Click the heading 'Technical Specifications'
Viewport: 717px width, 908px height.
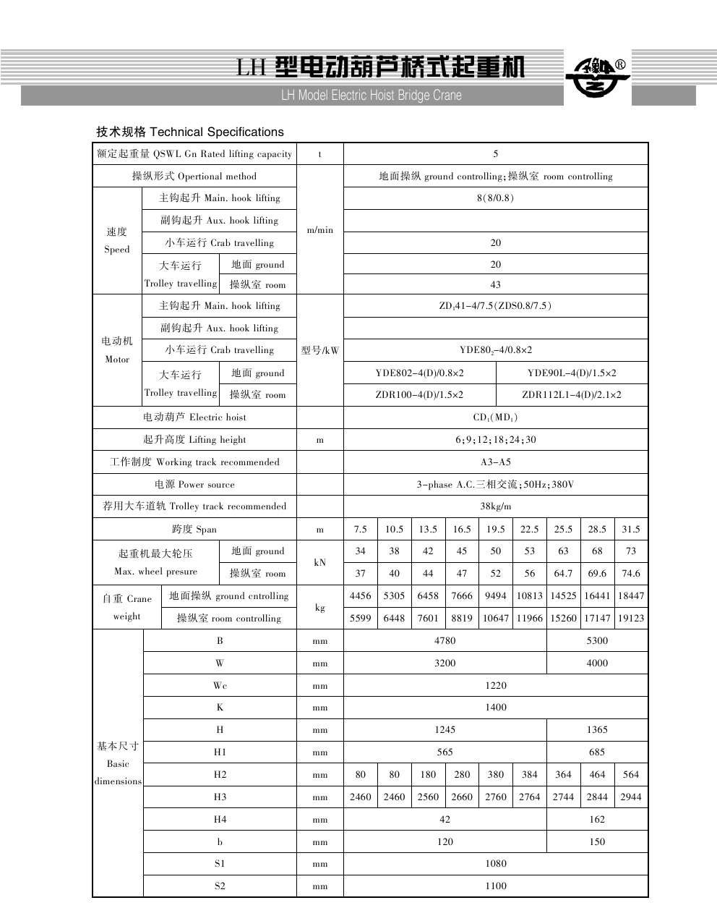pyautogui.click(x=190, y=132)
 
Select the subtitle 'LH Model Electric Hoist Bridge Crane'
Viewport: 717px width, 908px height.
pyautogui.click(x=371, y=96)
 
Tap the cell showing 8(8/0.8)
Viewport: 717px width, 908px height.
pyautogui.click(x=495, y=198)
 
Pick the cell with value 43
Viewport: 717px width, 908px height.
pyautogui.click(x=495, y=285)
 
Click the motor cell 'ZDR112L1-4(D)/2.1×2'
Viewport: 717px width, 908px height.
pyautogui.click(x=572, y=395)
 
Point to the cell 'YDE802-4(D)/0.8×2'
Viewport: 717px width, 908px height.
pyautogui.click(x=419, y=373)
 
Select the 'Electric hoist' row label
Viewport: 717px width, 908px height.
pyautogui.click(x=194, y=417)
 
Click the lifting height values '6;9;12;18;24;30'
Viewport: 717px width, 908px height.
pyautogui.click(x=495, y=440)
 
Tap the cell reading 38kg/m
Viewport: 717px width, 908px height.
pyautogui.click(x=495, y=506)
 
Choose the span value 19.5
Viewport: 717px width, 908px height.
pyautogui.click(x=495, y=530)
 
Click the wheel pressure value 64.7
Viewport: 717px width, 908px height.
pyautogui.click(x=563, y=574)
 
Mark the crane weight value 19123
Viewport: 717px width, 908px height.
pyautogui.click(x=631, y=619)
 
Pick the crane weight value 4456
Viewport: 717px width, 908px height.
pyautogui.click(x=360, y=596)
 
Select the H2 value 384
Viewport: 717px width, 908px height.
pyautogui.click(x=530, y=775)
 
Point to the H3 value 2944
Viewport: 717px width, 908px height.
pyautogui.click(x=631, y=797)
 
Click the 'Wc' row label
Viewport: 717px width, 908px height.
pyautogui.click(x=220, y=685)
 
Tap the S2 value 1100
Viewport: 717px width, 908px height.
pyautogui.click(x=495, y=886)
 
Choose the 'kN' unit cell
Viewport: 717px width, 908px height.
pyautogui.click(x=320, y=562)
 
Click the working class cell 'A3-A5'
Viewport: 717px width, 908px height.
pyautogui.click(x=495, y=462)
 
